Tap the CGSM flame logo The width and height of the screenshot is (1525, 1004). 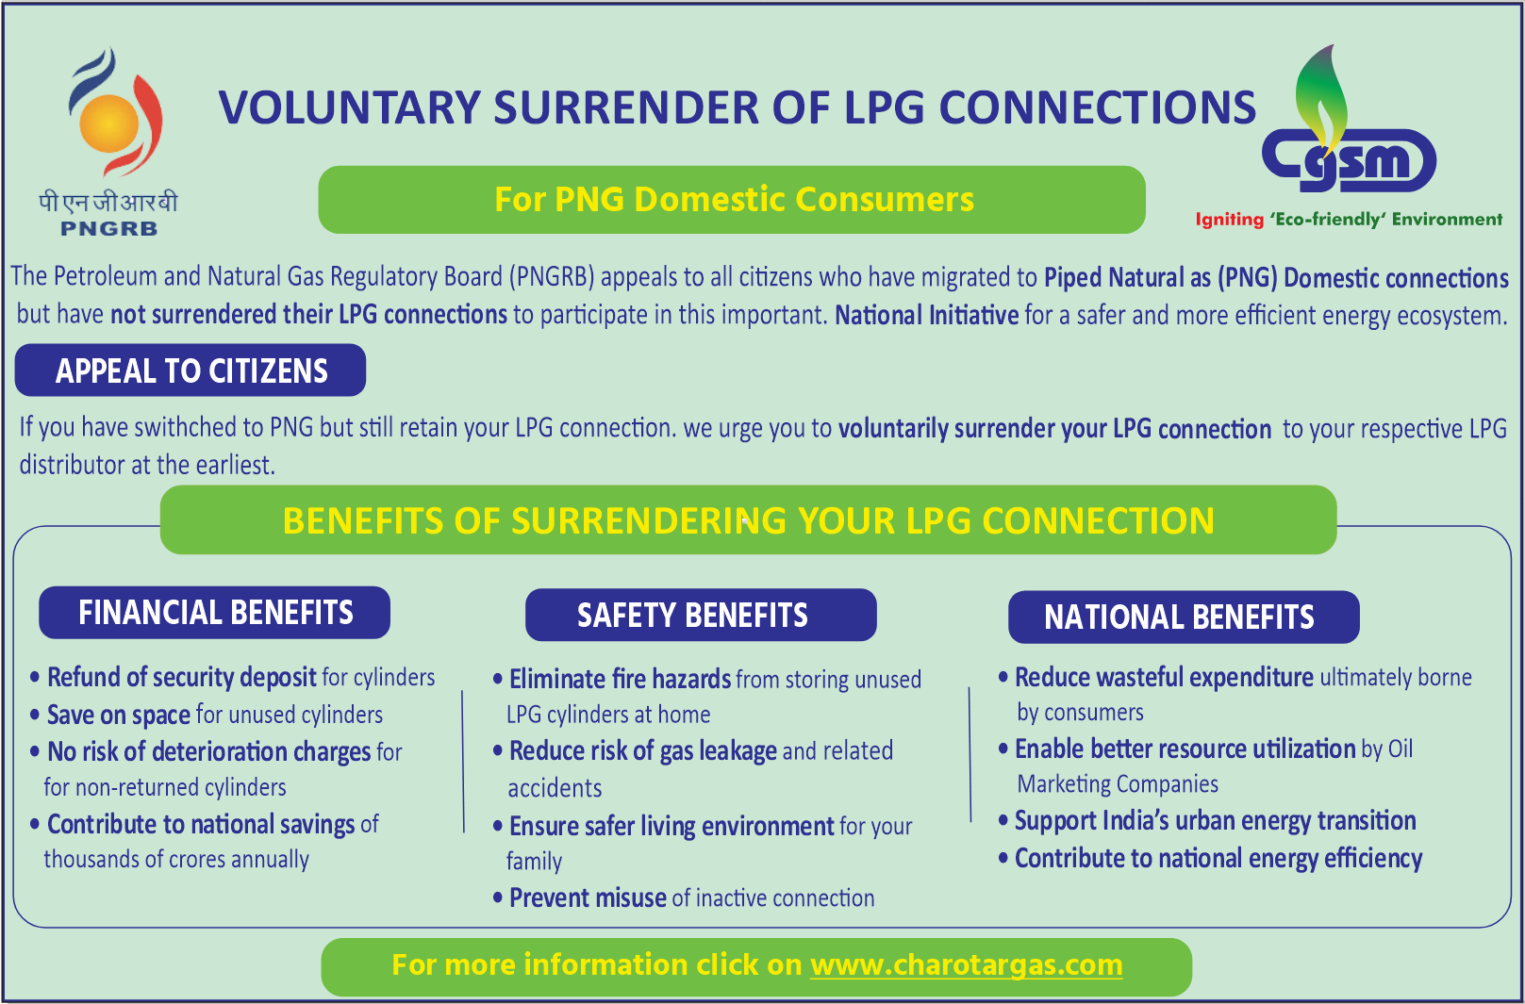click(1349, 132)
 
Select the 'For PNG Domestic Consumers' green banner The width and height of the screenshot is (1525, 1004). click(732, 200)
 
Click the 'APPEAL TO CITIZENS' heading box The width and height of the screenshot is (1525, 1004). click(191, 370)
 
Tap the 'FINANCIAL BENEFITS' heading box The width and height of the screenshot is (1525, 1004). click(215, 613)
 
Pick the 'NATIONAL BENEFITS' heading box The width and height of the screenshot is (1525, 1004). click(1184, 617)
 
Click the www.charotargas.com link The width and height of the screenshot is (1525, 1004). click(966, 965)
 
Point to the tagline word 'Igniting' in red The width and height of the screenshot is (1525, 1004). click(1229, 220)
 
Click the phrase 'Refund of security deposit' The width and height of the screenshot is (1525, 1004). click(182, 677)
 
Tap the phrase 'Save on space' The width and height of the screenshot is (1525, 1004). click(119, 715)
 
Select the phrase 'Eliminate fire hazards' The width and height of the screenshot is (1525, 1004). click(620, 679)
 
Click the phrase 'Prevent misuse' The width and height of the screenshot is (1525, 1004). click(588, 897)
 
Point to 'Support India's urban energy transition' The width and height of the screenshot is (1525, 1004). click(1215, 820)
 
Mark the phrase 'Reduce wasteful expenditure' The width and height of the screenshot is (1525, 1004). click(1164, 677)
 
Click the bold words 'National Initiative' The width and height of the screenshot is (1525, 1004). click(926, 315)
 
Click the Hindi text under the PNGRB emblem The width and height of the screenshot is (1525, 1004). click(108, 202)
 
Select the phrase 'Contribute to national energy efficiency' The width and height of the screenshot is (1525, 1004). click(1218, 858)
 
